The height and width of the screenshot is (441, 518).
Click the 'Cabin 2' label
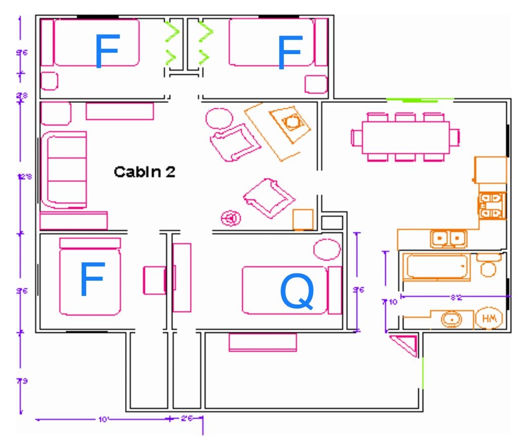(144, 172)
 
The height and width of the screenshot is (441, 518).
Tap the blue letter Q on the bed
(297, 292)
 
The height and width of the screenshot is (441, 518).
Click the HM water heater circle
(489, 319)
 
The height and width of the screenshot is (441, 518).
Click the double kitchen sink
(449, 237)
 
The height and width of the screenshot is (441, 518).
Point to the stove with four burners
(492, 206)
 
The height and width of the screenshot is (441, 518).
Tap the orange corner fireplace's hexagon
(291, 122)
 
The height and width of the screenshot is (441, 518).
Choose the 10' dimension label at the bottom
(104, 419)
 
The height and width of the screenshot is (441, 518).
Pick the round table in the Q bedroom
(327, 249)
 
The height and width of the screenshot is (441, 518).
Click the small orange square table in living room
(303, 219)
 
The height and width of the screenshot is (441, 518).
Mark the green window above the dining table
(411, 101)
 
